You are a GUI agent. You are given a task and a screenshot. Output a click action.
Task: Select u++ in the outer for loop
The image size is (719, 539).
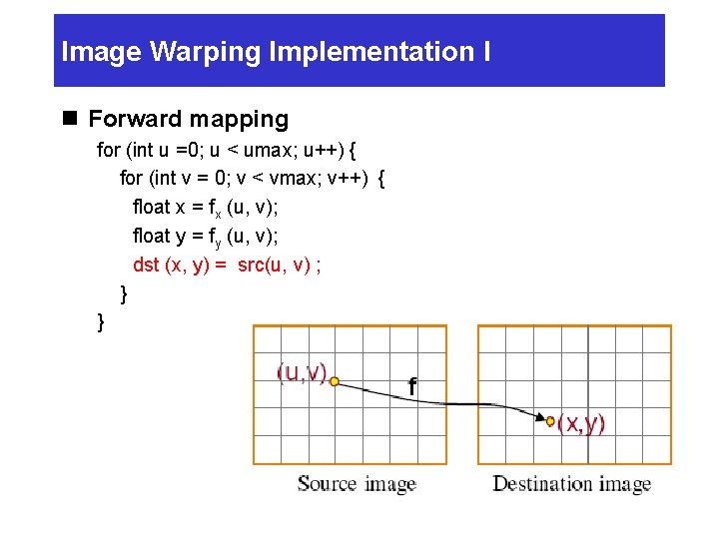point(324,151)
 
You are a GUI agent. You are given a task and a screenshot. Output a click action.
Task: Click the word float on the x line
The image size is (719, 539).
point(152,208)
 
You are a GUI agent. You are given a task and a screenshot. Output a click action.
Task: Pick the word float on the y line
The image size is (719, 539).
point(152,237)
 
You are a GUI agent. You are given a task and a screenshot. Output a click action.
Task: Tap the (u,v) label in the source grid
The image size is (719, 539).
point(302,373)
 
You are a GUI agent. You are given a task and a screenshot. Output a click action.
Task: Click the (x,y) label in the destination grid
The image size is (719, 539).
point(581,423)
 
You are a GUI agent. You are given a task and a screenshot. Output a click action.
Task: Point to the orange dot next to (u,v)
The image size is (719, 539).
point(335,381)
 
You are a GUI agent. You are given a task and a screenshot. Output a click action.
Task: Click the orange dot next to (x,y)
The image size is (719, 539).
point(550,422)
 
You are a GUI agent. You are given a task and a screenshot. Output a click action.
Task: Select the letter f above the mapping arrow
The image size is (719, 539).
point(411,386)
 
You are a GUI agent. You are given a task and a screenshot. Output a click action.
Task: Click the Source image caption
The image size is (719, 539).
point(357,484)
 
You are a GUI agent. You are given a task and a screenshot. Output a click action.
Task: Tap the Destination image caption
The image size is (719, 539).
point(571,484)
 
